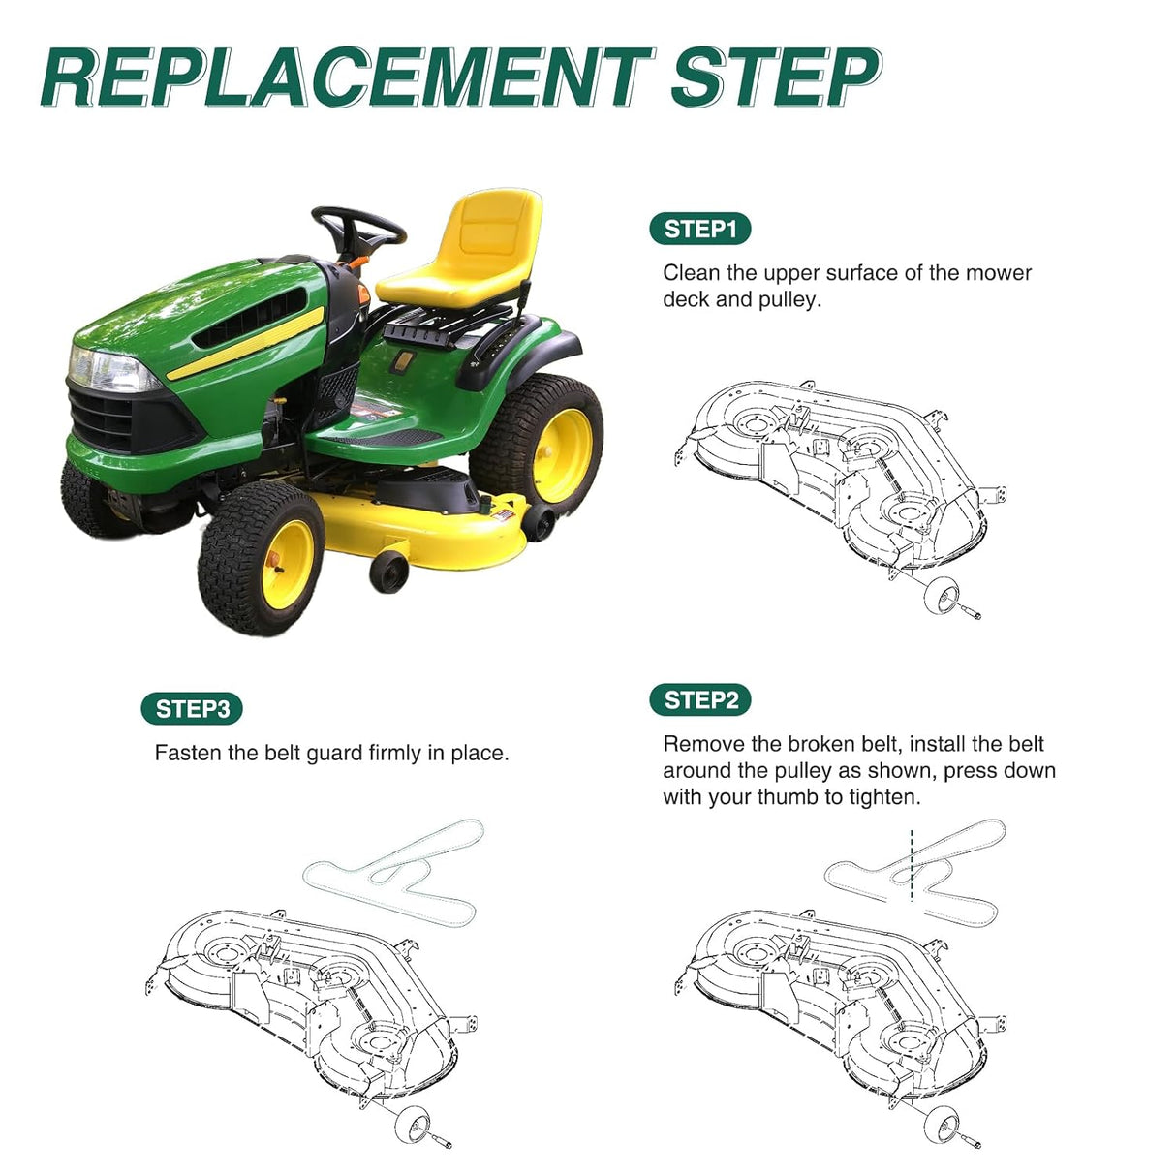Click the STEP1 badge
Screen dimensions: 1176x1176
tap(699, 229)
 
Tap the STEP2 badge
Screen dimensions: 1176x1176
tap(699, 699)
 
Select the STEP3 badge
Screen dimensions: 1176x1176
tap(192, 708)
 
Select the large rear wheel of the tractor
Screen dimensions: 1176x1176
tap(537, 445)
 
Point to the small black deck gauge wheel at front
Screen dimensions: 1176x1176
tap(388, 572)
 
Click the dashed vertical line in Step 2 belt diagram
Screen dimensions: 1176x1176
tap(912, 865)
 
